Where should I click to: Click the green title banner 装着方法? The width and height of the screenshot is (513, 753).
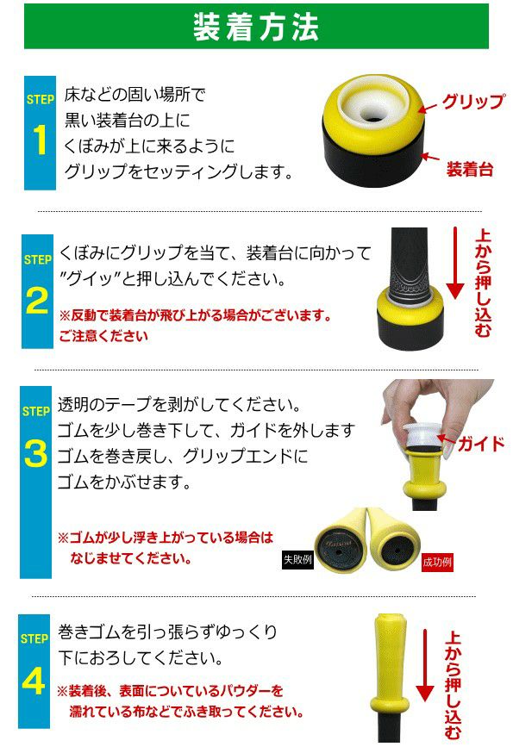pos(256,26)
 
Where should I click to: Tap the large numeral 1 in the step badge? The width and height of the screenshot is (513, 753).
pos(41,140)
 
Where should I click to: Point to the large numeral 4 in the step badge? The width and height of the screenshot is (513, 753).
pos(34,681)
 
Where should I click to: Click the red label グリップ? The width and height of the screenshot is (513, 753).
pos(473,101)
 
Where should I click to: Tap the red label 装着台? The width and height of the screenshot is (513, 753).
pos(470,169)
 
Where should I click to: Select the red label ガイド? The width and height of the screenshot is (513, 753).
pos(480,443)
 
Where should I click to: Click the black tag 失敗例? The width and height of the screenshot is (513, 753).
pos(297,559)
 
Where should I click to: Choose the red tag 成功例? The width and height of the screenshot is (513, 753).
pos(437,562)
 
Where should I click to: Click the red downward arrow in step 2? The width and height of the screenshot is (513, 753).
pos(455,263)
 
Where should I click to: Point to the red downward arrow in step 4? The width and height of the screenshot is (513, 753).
pos(425,665)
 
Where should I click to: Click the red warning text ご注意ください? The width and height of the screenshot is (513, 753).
pos(103,336)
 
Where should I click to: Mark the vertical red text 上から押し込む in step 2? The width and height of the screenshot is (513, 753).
pos(483,283)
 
